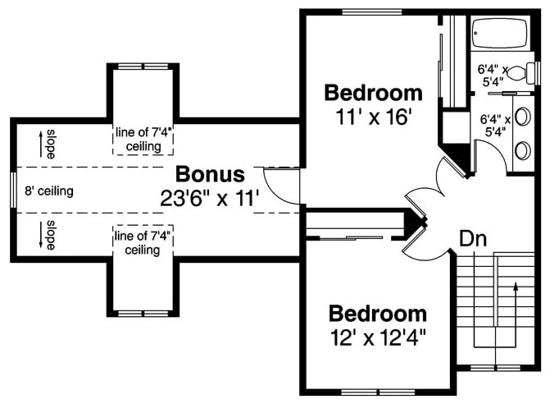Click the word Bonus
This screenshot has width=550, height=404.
pos(211,174)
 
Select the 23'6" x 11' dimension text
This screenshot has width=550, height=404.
pos(211,197)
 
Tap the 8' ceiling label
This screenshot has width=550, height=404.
pos(48,191)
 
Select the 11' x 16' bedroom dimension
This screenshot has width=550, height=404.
pos(373,116)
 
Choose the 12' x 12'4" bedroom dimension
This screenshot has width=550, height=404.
pos(378,337)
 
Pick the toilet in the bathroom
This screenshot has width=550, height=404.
pos(517,75)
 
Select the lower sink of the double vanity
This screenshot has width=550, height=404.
pos(522,149)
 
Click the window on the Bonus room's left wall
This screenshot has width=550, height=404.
pos(12,191)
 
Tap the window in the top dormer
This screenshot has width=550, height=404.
pos(143,65)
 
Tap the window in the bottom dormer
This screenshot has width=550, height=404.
pos(143,314)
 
